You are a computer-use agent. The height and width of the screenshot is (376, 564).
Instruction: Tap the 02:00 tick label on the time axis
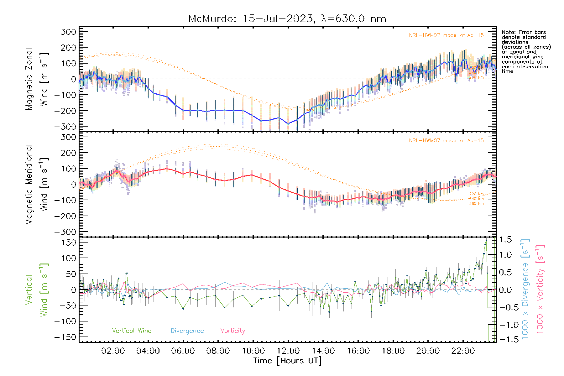point(113,351)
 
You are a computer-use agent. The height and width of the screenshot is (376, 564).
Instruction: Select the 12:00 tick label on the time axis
point(288,351)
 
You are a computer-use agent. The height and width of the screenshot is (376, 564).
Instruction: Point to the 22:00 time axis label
point(463,351)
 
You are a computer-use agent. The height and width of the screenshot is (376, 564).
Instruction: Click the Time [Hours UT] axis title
point(287,361)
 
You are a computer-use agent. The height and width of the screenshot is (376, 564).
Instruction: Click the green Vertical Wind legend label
point(132,331)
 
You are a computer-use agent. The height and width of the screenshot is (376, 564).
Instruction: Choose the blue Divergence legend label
point(187,331)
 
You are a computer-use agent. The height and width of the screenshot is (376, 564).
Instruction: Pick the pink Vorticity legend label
point(232,331)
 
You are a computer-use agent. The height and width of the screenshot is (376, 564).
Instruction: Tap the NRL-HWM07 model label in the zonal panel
point(446,35)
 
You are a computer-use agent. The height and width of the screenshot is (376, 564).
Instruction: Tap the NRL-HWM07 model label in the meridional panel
point(446,141)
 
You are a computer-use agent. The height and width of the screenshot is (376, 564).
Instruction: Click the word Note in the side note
point(508,32)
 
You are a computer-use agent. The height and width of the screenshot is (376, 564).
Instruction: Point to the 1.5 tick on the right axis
point(505,240)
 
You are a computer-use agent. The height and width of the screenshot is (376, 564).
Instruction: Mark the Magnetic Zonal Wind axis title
point(37,79)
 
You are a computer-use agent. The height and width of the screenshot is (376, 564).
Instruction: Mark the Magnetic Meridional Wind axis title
point(37,184)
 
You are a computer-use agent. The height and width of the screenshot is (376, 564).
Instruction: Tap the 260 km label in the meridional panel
point(476,204)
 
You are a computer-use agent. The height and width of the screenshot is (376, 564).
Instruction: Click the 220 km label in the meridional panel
point(476,194)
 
